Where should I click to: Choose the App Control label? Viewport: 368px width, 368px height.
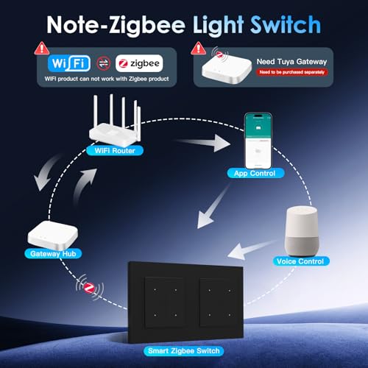pos(254,174)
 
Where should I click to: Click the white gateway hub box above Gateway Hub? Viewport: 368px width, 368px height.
pos(51,233)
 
